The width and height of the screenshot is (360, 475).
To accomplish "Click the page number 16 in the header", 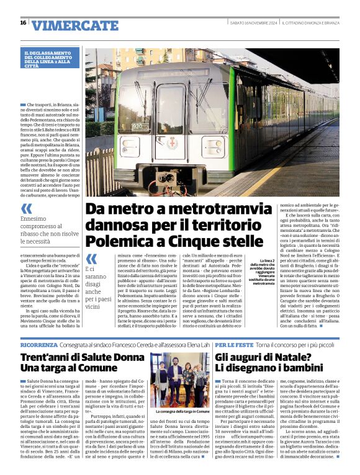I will pyautogui.click(x=23, y=23).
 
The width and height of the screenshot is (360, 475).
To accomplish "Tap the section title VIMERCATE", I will pyautogui.click(x=74, y=25).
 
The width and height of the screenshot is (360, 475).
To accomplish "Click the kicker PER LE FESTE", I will pyautogui.click(x=232, y=344).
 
